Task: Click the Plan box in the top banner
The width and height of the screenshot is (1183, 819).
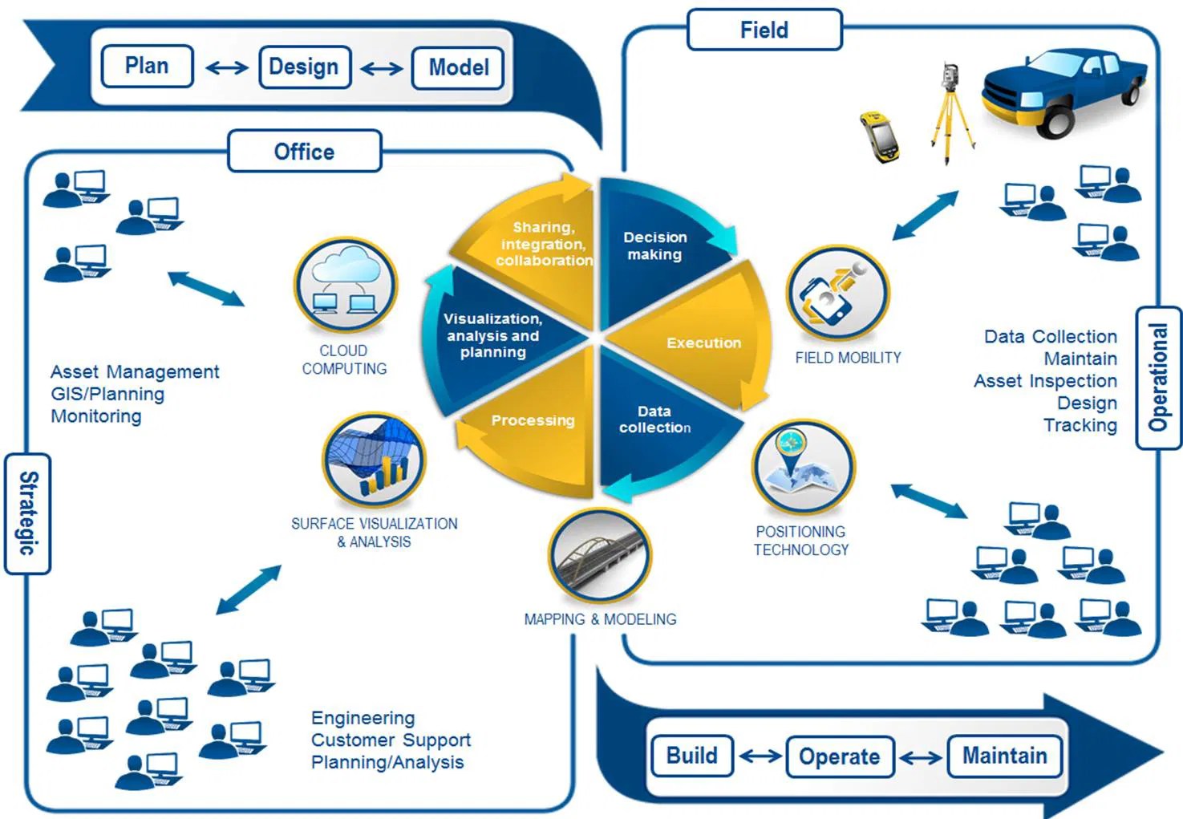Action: coord(147,66)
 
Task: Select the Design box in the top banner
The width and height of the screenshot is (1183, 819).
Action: coord(304,67)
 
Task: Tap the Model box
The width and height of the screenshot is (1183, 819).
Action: coord(458,67)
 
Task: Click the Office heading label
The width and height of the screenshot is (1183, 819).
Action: coord(304,152)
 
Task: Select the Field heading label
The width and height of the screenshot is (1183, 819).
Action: coord(764,30)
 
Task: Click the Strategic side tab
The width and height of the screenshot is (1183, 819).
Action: coord(27,513)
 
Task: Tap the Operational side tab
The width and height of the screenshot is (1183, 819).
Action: coord(1158,377)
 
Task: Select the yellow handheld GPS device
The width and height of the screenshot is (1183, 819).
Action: coord(880,136)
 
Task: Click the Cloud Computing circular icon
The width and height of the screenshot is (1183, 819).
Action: coord(345,286)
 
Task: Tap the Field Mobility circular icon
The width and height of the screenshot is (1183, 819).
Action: coord(837,295)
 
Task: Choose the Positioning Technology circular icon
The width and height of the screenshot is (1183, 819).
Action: coord(803,468)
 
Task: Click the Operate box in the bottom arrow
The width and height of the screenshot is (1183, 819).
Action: coord(839,756)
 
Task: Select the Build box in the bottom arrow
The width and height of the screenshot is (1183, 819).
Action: coord(692,756)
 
